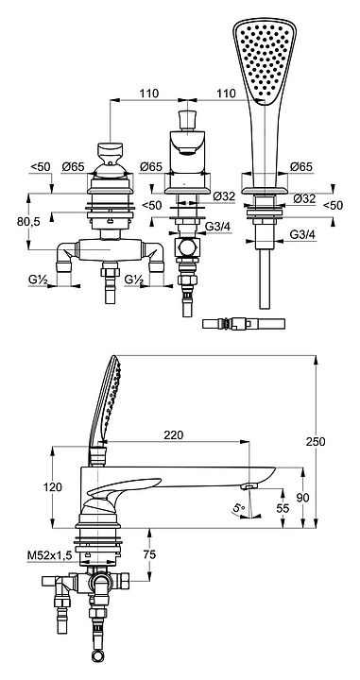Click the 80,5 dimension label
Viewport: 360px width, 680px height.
(x=28, y=222)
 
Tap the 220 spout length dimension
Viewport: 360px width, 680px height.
(x=174, y=434)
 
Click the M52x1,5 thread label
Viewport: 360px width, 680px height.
(x=49, y=555)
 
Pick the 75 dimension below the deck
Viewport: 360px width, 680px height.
(x=149, y=554)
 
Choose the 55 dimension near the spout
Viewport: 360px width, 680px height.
(x=283, y=508)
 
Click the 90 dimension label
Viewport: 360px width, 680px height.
(x=302, y=498)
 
